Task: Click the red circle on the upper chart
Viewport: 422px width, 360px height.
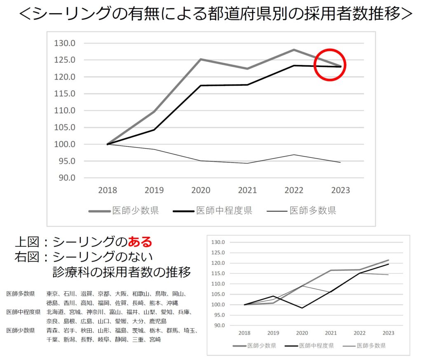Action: coord(330,65)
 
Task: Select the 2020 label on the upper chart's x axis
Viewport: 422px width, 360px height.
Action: coord(201,190)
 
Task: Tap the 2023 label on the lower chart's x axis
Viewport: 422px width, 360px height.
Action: coord(388,333)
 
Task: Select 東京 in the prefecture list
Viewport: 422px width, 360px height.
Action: coord(52,294)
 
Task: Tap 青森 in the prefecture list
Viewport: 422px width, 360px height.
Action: coord(52,330)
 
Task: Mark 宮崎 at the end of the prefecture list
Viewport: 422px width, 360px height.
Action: coord(155,339)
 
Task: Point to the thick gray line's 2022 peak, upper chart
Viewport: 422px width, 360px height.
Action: coord(294,50)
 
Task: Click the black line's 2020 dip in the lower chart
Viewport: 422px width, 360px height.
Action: coord(302,308)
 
